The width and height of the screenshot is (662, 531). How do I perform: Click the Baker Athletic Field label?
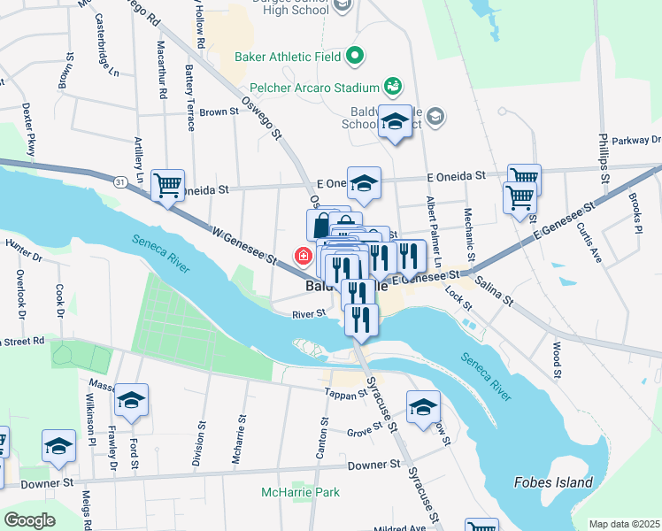coord(287,57)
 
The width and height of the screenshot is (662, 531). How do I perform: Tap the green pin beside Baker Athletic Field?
coord(355,57)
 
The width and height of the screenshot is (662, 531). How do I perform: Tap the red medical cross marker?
coord(303,257)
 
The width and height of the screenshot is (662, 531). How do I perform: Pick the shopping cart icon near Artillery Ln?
coord(167,186)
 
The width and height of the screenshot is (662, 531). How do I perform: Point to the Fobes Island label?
coord(552,482)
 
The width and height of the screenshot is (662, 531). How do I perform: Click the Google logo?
coord(29,520)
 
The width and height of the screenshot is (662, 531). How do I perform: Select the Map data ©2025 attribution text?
coord(625,524)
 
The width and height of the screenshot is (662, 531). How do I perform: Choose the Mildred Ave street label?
coord(399,527)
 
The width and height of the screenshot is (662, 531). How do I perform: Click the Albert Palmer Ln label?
coord(433,232)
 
